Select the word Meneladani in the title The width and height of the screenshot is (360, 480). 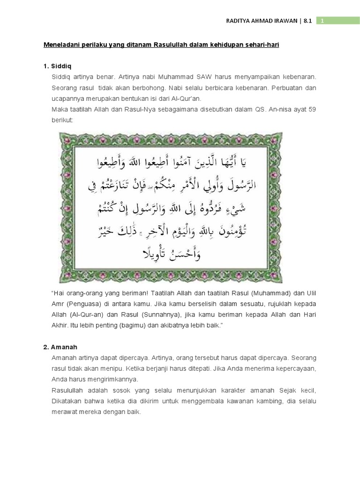[63, 45]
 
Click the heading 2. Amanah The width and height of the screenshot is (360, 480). [60, 347]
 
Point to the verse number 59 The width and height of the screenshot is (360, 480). [312, 110]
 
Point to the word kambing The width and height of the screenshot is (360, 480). [278, 401]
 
